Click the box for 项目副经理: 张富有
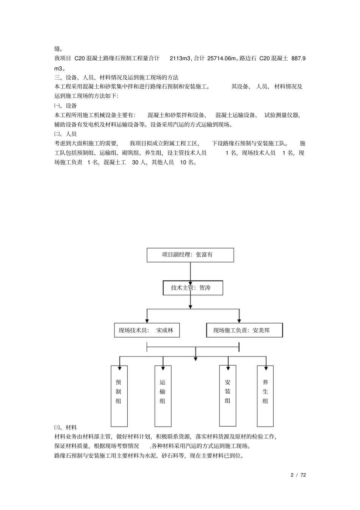tap(190, 255)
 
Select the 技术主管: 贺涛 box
tap(193, 288)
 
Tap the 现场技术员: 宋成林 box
tap(147, 330)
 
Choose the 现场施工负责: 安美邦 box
tap(244, 330)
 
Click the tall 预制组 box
tap(119, 396)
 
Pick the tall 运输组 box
tap(163, 396)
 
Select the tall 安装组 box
tap(228, 395)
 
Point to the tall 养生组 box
tap(265, 396)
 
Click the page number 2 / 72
tap(298, 475)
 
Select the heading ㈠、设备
tap(66, 106)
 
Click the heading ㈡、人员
tap(66, 134)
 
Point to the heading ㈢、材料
tap(66, 427)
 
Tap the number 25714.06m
tap(222, 58)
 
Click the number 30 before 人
tap(135, 162)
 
